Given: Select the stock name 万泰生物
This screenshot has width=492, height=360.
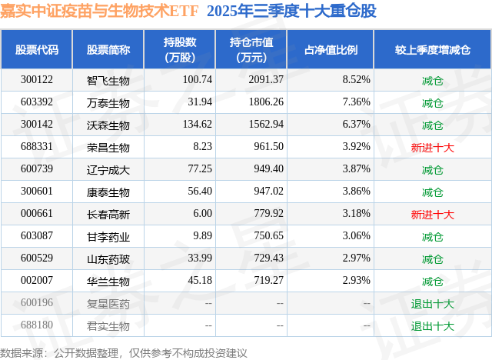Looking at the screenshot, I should [x=108, y=102].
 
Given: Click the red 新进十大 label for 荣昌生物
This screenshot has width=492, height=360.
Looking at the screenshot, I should [x=433, y=147].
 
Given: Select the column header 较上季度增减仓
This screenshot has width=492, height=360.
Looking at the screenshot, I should [x=433, y=50].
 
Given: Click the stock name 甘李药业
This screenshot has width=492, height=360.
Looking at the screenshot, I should [x=108, y=236].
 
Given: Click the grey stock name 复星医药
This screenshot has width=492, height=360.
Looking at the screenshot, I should [x=108, y=303].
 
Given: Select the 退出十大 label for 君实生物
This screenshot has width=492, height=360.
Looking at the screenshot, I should [x=433, y=325].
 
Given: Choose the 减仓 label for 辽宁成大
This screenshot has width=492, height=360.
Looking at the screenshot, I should [x=433, y=169].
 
